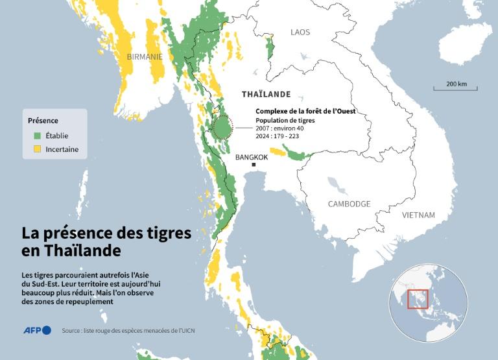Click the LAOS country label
coord(300,32)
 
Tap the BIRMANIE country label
coord(145,56)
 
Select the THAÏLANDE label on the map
coord(266,94)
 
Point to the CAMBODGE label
coord(349,204)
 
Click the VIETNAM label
coord(418,215)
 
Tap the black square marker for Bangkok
coord(254,165)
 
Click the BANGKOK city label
coord(252,157)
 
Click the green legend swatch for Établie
coord(38,136)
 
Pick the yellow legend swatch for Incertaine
coord(38,149)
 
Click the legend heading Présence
coord(43,121)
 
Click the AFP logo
coord(37,330)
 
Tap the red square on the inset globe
coord(418,299)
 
